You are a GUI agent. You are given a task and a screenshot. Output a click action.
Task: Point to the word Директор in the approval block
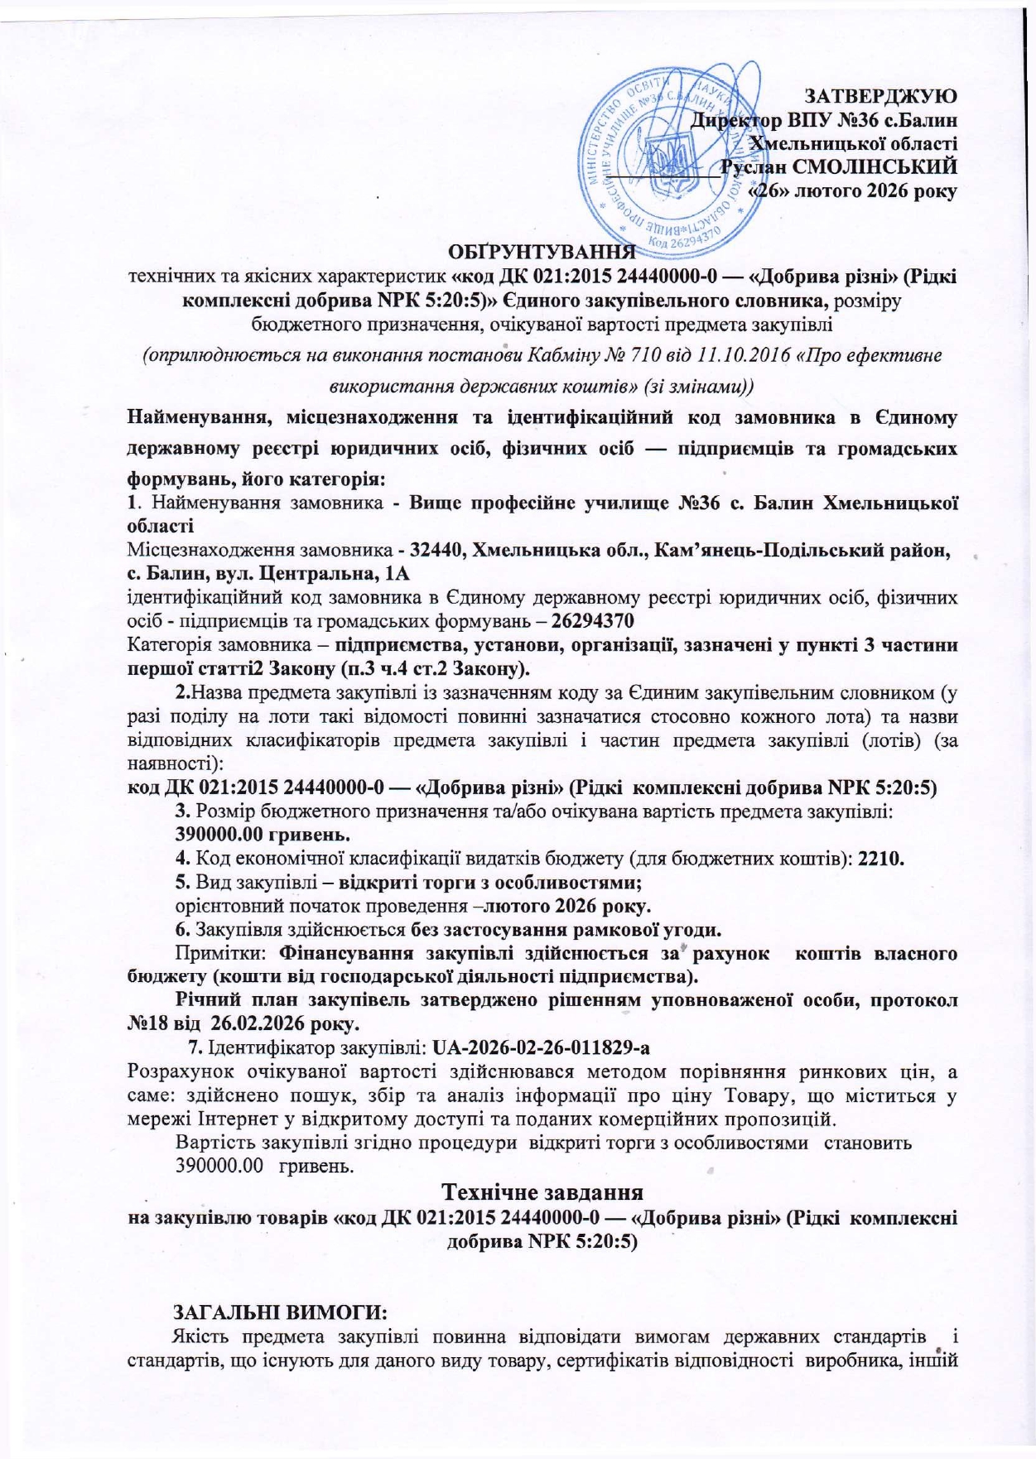click(730, 119)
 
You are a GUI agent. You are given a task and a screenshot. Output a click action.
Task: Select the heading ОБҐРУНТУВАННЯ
click(542, 251)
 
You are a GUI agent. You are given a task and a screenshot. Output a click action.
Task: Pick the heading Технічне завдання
click(542, 1193)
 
